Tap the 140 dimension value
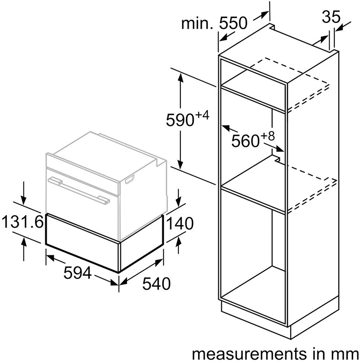click(x=180, y=225)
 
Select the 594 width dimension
click(x=77, y=273)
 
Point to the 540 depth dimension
click(x=156, y=284)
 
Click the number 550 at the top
click(x=233, y=23)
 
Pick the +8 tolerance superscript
click(x=267, y=136)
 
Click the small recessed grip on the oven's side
click(x=130, y=180)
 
